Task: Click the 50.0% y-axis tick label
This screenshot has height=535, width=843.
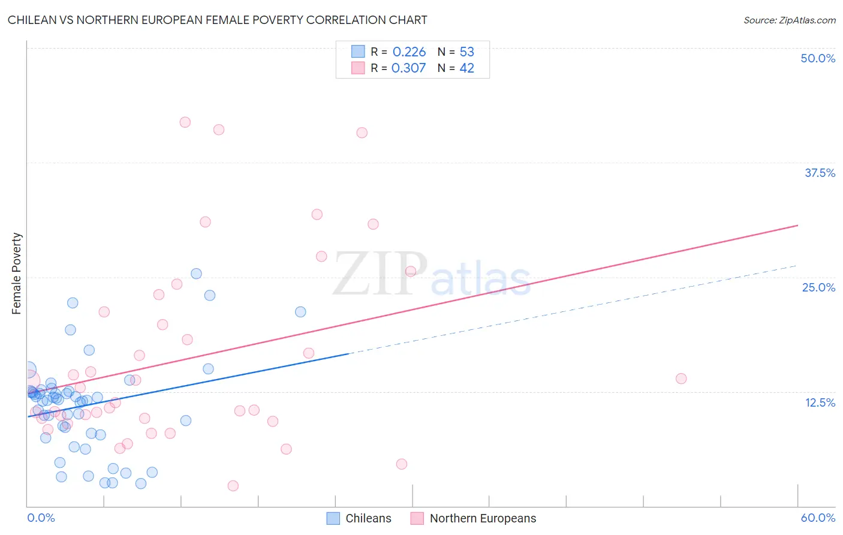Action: (818, 58)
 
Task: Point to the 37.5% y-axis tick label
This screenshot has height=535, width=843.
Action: (820, 173)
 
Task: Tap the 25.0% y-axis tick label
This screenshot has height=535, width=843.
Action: (818, 287)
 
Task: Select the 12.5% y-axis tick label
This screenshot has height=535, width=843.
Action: (820, 402)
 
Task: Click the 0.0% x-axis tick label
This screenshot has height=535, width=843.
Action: (41, 518)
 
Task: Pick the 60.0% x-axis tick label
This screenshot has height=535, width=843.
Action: (818, 518)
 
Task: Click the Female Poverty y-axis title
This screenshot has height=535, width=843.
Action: (17, 273)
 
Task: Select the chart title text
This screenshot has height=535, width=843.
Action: (218, 20)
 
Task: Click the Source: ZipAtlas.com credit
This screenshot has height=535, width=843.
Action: (789, 20)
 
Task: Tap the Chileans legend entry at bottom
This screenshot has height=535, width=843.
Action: (359, 518)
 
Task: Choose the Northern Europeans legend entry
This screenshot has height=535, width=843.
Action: (474, 518)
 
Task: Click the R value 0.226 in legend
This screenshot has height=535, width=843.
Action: (409, 52)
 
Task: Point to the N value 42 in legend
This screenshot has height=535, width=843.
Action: (466, 68)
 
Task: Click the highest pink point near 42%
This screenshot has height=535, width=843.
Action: (185, 122)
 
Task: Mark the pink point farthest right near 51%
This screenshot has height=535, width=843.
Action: (681, 378)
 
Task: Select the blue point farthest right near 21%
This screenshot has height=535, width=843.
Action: (300, 312)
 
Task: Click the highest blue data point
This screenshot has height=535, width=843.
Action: (196, 273)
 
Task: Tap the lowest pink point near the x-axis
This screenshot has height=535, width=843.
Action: (233, 486)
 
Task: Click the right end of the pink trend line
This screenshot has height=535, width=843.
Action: (798, 226)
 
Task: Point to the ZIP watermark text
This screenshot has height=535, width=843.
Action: (380, 274)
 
